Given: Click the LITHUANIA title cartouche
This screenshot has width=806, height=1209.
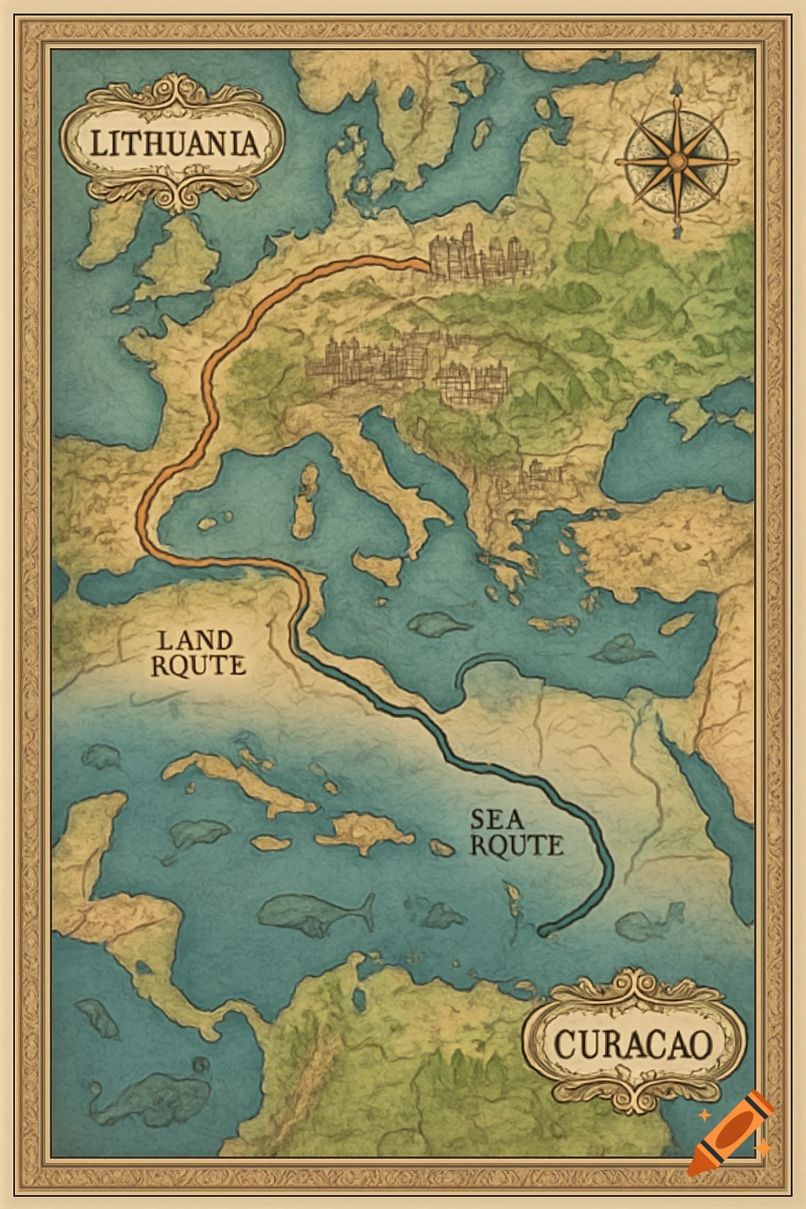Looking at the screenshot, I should pos(172,143).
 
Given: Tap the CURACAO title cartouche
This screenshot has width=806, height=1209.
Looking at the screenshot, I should pos(634,1044).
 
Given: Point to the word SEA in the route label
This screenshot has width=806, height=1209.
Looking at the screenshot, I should pos(497,819).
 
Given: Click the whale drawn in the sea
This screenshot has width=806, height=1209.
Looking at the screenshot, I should pos(315,913).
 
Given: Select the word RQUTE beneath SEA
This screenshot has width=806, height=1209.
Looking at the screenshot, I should pos(517,845).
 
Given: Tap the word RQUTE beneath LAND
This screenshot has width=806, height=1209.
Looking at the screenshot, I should pos(198,665).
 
